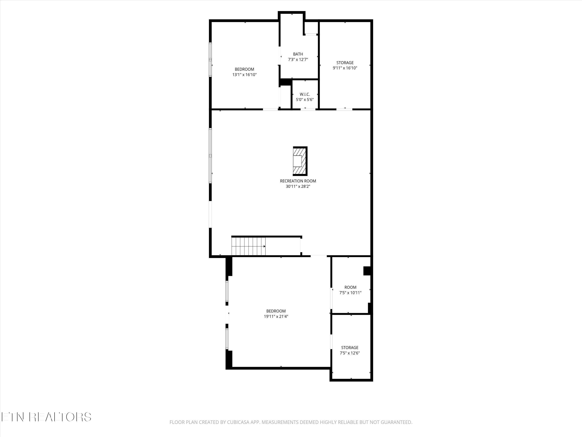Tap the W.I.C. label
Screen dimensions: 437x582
tap(305, 94)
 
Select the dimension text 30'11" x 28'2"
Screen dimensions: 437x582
tap(298, 186)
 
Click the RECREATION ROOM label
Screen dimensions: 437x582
tap(298, 181)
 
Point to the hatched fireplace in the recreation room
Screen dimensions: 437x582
tap(300, 161)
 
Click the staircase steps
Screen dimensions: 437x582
tap(248, 246)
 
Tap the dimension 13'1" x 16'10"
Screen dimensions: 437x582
tap(244, 75)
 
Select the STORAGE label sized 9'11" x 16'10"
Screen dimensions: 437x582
tap(345, 63)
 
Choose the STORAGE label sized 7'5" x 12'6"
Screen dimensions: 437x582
tap(350, 348)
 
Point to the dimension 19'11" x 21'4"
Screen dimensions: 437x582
tap(276, 317)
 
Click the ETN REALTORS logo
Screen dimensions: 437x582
tap(46, 417)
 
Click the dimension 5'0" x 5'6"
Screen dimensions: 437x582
tap(305, 100)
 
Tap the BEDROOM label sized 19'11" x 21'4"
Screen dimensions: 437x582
tap(276, 311)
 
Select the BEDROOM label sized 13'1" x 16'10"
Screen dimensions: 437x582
tap(244, 69)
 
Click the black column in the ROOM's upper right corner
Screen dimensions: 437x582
tap(367, 271)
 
